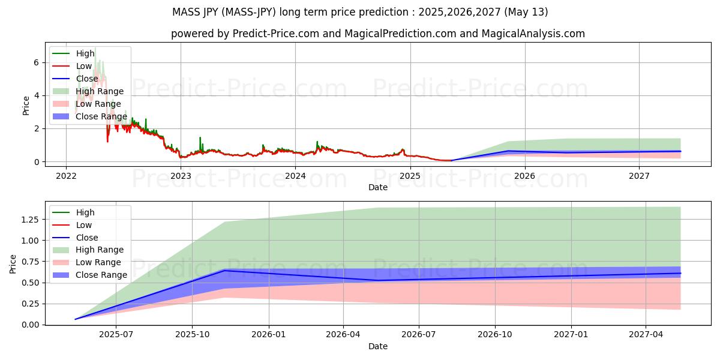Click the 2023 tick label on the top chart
coord(181,176)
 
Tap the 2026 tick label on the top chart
coord(525,176)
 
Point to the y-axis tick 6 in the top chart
coord(37,62)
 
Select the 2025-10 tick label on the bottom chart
coord(192,335)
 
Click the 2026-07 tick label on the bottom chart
coord(419,335)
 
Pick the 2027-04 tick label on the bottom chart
coord(646,335)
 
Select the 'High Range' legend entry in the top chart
coord(100,91)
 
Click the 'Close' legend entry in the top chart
coord(87,79)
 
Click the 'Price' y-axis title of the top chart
coord(26,105)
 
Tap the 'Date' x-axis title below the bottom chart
coord(378,346)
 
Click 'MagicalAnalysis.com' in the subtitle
coord(533,34)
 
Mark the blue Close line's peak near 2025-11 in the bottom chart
coord(225,271)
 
